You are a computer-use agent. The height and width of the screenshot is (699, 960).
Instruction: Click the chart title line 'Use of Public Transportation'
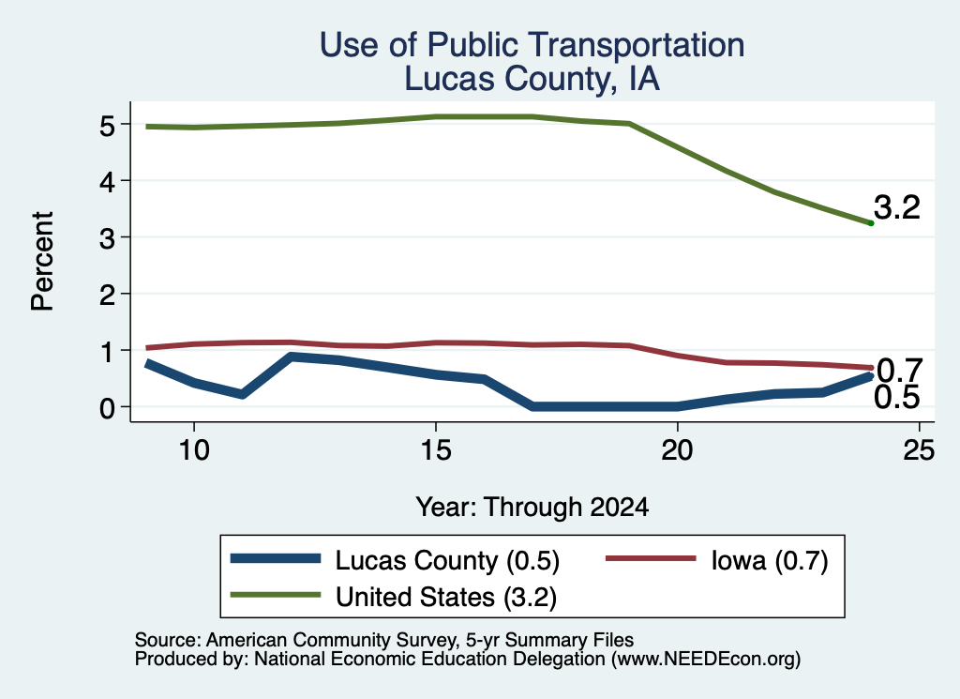[532, 46]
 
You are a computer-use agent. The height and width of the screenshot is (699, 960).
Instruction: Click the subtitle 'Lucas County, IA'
[532, 80]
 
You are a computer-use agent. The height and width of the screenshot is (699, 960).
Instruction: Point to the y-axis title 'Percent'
[43, 262]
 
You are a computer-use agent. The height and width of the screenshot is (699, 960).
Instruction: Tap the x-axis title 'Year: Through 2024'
[532, 508]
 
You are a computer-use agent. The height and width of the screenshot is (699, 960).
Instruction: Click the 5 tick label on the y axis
[107, 126]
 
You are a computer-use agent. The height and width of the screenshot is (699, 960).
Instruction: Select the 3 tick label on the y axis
[107, 238]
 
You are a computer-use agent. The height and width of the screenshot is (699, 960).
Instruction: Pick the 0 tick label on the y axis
[107, 408]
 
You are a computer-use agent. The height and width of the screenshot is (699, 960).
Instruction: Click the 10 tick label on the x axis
[194, 450]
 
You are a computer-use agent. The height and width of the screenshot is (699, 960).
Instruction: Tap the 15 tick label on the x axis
[436, 450]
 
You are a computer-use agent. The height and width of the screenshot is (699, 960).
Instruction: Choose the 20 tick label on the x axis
[677, 450]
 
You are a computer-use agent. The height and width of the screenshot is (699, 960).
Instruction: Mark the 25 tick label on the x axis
[919, 450]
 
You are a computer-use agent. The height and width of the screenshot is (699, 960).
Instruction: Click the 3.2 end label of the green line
[897, 207]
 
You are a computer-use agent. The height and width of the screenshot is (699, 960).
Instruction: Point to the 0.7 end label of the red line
[899, 370]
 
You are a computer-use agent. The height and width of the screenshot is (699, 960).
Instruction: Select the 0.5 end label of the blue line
[897, 398]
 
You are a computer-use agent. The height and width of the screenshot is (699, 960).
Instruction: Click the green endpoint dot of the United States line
[871, 223]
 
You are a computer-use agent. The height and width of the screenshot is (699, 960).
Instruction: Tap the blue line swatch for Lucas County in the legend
[276, 558]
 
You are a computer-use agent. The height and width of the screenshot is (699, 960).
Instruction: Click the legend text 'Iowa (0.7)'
[770, 560]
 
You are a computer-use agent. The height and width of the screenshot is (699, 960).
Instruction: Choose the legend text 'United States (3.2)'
[446, 598]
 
